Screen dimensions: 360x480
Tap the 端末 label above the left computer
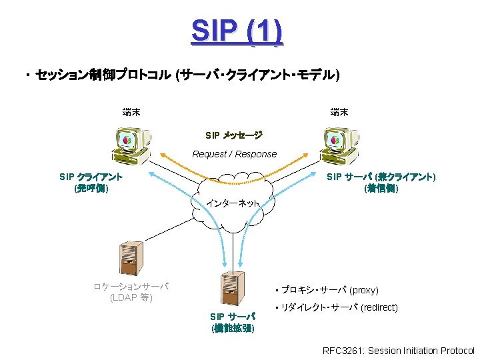131,112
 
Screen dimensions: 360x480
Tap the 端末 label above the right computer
339,112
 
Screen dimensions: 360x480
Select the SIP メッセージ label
234,135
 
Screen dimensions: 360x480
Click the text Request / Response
234,154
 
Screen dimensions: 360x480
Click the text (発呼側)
91,189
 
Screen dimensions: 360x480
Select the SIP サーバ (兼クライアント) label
381,177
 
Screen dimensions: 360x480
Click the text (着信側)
381,189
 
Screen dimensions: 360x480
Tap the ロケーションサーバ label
131,286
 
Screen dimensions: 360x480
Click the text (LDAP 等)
131,297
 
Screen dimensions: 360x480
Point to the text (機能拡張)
232,329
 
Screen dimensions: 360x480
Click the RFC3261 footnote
398,351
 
